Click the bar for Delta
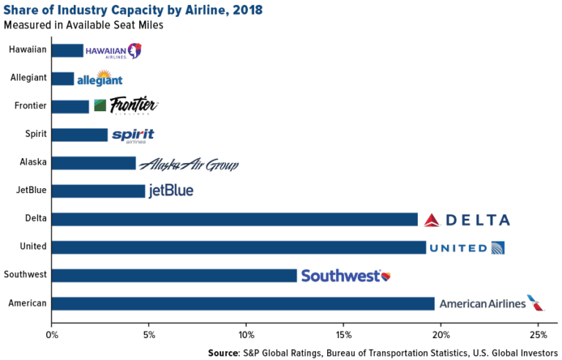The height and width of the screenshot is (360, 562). point(234,220)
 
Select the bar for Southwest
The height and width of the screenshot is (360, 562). point(174,276)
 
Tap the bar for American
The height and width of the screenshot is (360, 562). point(243,304)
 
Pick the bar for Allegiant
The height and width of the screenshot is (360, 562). point(63,78)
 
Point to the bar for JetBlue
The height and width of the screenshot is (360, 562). point(98,191)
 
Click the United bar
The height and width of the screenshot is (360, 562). point(239,247)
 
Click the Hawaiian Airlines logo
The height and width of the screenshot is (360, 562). point(113,50)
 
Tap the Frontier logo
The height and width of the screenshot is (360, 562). point(126,106)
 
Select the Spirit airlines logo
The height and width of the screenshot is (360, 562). point(132,135)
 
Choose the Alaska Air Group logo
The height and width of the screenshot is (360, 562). point(189,164)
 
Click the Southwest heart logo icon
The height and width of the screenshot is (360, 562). point(386,276)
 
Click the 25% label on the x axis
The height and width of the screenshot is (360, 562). point(538,335)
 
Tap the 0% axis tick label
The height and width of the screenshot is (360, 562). point(51,335)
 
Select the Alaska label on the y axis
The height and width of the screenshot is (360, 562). point(33,162)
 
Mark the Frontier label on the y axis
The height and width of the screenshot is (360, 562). point(31,106)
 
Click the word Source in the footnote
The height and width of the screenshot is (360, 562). point(224,353)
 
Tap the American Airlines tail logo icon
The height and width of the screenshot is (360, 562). point(536,303)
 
